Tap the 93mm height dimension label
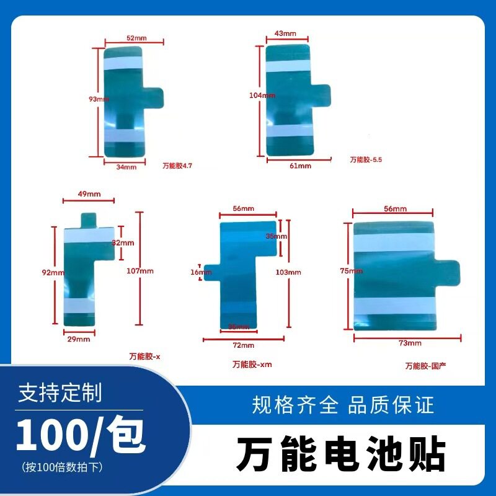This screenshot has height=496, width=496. tap(99, 99)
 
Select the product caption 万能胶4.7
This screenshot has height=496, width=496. tap(178, 166)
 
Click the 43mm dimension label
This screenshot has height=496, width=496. tap(285, 33)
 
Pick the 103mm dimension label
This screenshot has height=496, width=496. tap(289, 272)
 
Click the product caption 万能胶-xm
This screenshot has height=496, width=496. tap(252, 365)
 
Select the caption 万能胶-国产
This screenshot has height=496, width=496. tap(426, 366)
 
